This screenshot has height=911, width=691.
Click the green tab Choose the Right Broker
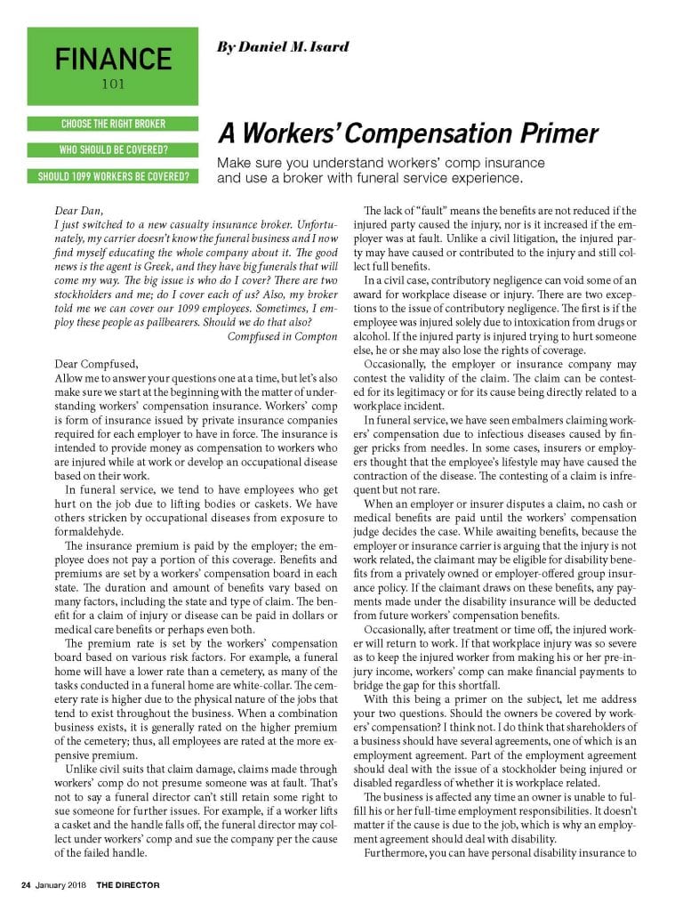[113, 124]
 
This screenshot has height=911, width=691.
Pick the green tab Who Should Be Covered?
[113, 149]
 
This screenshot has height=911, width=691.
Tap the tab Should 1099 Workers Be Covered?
[113, 175]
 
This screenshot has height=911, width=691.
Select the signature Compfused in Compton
[282, 335]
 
